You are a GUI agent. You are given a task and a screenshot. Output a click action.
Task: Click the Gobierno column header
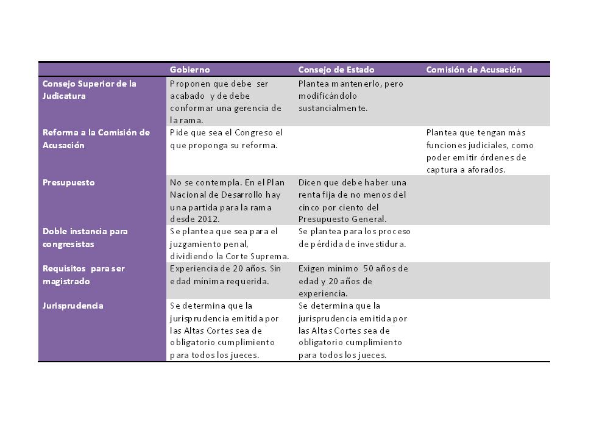[189, 70]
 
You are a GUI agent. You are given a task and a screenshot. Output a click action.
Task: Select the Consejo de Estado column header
[336, 70]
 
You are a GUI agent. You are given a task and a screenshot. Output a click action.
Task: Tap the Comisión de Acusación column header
[474, 70]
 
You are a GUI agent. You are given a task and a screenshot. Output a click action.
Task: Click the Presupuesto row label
[69, 182]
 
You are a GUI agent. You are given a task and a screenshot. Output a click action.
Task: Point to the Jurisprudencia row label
[73, 306]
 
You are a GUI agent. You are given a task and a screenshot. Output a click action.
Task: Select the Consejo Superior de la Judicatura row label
[90, 90]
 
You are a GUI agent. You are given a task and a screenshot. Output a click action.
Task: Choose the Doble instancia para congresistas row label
[85, 238]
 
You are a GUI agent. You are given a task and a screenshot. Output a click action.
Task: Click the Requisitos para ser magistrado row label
[83, 274]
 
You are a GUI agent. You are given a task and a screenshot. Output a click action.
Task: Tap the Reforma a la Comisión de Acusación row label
[96, 139]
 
